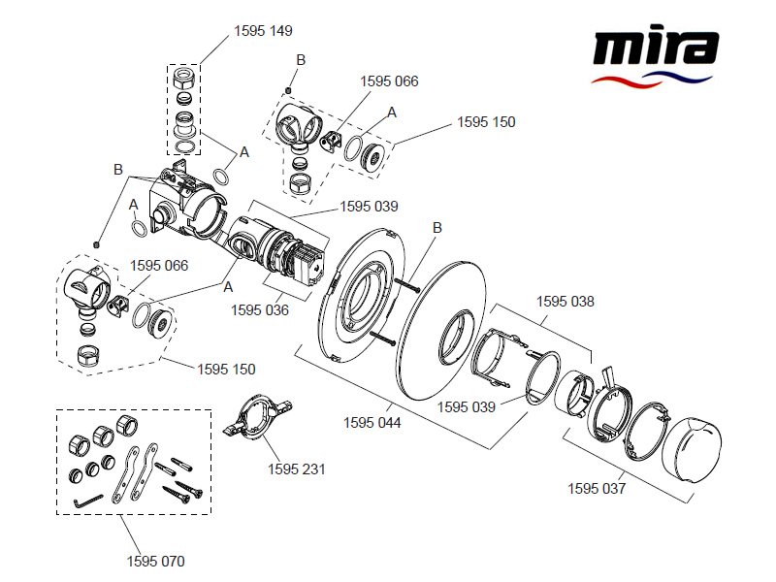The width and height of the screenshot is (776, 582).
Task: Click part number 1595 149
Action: pos(263,31)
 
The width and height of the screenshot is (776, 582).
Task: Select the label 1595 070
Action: pos(155,561)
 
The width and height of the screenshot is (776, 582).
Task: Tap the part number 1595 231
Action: pos(296,469)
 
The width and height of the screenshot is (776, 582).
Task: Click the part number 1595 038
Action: pos(566,302)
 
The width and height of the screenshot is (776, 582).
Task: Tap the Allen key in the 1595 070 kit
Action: pos(89,501)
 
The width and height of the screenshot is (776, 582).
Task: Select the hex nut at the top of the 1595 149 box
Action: pos(185,78)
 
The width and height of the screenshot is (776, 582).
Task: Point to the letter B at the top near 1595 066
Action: pos(301,60)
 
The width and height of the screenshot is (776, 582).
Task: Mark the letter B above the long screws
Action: pos(437,228)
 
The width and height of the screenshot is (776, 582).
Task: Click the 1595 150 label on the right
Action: pos(486,122)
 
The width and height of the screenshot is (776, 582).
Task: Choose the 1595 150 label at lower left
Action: pos(226,369)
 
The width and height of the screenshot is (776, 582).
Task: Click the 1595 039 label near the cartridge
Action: pos(369,207)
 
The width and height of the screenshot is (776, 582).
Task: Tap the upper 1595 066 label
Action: pos(389,81)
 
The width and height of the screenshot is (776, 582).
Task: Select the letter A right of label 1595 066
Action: pos(393,113)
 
